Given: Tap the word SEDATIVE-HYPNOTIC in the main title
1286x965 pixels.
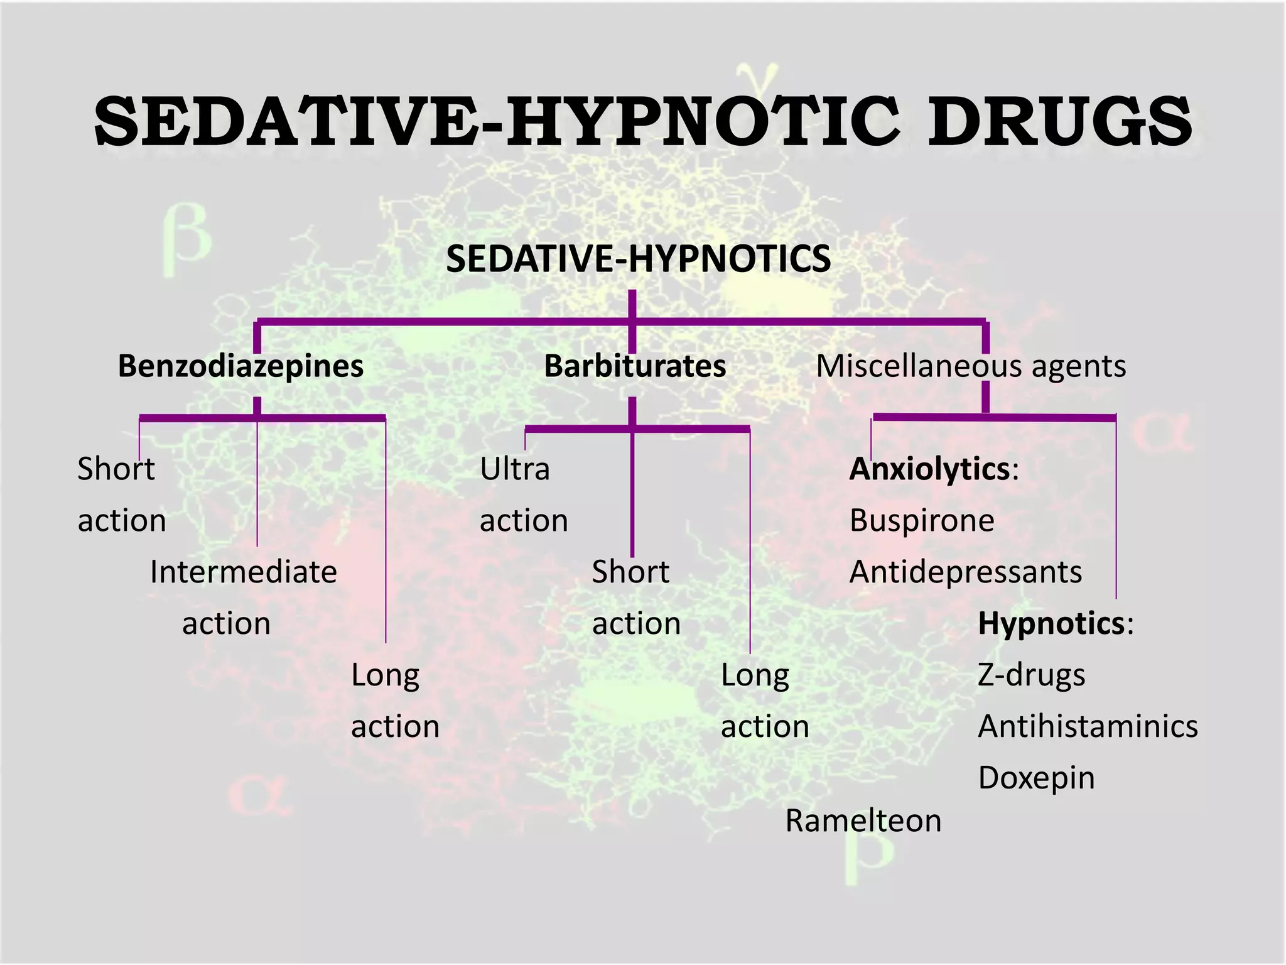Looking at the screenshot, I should coord(496,121).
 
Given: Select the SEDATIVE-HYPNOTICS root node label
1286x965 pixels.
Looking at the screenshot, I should coord(638,258).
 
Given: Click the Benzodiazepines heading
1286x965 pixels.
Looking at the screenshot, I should coord(240,366).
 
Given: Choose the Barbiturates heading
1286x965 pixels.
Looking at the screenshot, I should coord(635,366).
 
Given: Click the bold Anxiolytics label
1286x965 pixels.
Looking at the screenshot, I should coord(930,469).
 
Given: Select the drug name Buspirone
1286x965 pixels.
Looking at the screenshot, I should coord(922,520).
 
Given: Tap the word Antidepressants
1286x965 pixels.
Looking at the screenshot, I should coord(966,572).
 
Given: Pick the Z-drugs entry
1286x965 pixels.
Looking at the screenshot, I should coord(1032,675).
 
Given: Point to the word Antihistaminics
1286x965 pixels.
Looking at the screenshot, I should coord(1088,726).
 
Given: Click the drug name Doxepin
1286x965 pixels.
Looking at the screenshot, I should coord(1036,778).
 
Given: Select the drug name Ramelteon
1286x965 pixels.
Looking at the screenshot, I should coord(863,821).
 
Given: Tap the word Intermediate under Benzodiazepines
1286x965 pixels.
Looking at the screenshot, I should coord(244,572).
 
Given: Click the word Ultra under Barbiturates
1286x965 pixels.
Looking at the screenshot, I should coord(515,469).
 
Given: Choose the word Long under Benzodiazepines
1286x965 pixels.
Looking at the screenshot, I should coord(385,675).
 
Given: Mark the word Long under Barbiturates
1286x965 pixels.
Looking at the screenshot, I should coord(755,675).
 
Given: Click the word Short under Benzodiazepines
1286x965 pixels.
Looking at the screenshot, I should coord(116,469).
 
